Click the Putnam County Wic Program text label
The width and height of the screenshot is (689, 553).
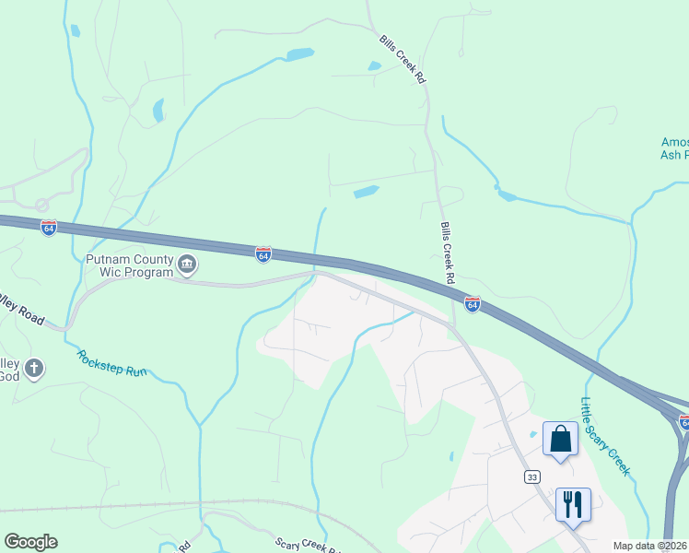[129, 265]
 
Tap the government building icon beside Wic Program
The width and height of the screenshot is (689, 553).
[187, 266]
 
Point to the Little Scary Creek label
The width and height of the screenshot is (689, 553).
[604, 436]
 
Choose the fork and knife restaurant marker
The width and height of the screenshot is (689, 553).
[573, 504]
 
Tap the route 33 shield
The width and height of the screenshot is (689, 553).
[531, 477]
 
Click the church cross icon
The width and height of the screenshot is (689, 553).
[34, 370]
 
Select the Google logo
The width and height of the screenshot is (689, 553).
[30, 542]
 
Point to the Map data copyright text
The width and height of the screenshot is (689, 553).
[650, 546]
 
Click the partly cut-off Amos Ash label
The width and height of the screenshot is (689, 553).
[674, 148]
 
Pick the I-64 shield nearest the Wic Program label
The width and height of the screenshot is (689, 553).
[263, 253]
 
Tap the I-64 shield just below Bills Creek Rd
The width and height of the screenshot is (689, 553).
[473, 303]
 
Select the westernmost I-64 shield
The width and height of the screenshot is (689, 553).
[49, 228]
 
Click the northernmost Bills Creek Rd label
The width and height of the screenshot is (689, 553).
[402, 60]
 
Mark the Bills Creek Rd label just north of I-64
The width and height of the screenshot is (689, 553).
[449, 252]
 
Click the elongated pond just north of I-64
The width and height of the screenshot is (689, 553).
[366, 193]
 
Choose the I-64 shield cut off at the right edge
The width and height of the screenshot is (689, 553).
[683, 422]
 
